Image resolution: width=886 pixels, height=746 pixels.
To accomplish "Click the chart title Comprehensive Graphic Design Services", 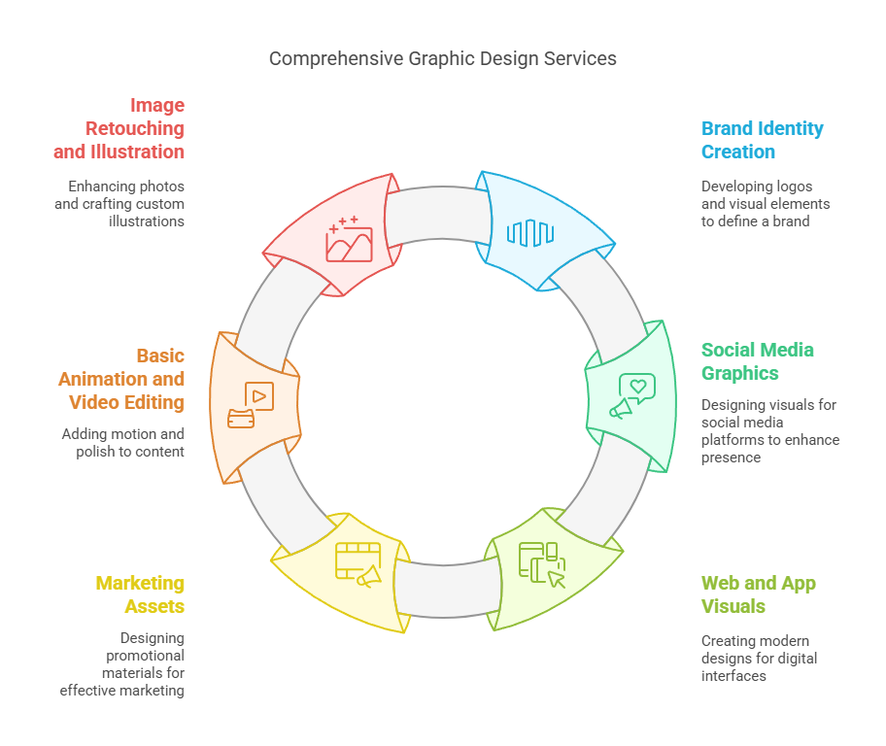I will tap(442, 58).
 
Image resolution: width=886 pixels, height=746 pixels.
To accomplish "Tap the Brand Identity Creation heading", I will tap(762, 140).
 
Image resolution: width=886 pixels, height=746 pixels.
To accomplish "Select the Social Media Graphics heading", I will tap(758, 361).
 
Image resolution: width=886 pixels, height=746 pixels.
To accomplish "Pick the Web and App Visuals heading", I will tap(758, 594).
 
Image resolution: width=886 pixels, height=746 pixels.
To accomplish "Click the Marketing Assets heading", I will tap(140, 594).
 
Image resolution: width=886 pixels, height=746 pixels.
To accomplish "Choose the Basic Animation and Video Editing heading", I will tap(121, 379).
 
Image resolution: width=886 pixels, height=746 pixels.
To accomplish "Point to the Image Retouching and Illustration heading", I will tap(119, 128).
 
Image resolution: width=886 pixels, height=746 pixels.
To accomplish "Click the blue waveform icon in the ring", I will tap(530, 232).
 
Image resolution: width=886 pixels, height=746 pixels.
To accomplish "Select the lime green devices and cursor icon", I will tap(541, 564).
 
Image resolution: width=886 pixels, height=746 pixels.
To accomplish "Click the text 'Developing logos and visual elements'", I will tap(766, 203).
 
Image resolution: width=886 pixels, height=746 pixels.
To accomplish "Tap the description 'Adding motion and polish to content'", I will tap(123, 443).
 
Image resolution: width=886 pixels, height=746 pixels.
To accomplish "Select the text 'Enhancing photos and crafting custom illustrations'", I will tap(126, 203).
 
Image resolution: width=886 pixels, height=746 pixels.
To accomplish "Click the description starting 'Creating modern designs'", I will tap(759, 658).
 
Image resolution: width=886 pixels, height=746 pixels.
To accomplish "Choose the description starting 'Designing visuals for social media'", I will tap(769, 430).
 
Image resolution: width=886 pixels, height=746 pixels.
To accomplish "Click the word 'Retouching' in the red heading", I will tap(135, 128).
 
